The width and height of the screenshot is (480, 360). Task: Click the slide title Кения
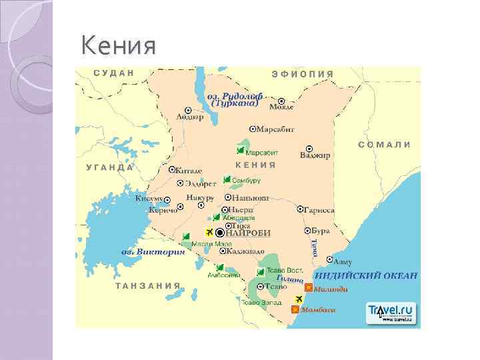pos(118,47)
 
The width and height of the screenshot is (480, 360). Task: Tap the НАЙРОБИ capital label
pos(249,233)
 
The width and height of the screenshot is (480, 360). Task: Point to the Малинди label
pos(331,289)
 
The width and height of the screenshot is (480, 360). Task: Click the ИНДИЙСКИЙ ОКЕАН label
pos(366,275)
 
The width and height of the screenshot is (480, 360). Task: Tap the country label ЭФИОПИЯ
pos(303,73)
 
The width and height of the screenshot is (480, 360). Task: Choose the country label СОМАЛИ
pos(384,144)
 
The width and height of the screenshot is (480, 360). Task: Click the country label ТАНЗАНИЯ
pos(148,285)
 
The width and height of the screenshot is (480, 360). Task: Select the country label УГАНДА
pos(110,167)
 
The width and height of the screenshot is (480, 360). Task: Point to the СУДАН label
pos(114,72)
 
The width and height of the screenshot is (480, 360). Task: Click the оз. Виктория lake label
pos(153,252)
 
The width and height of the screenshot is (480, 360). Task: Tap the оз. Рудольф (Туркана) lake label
pos(235,100)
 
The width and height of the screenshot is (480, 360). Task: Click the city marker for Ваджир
pos(309,149)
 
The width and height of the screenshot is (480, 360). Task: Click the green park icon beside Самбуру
pos(227,179)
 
